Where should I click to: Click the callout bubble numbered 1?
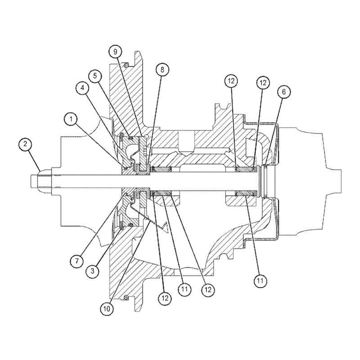[71, 119]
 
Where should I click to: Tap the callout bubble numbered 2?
[26, 145]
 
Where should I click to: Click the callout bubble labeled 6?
[283, 92]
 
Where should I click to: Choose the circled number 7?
[77, 260]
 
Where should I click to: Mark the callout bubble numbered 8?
[162, 69]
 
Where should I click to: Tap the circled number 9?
[116, 52]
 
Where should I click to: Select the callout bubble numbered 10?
[107, 309]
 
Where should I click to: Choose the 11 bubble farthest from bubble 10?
[260, 281]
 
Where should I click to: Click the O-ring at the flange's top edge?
[126, 64]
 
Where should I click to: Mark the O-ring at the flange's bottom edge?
[126, 297]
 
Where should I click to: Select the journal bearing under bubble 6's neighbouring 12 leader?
[246, 170]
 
